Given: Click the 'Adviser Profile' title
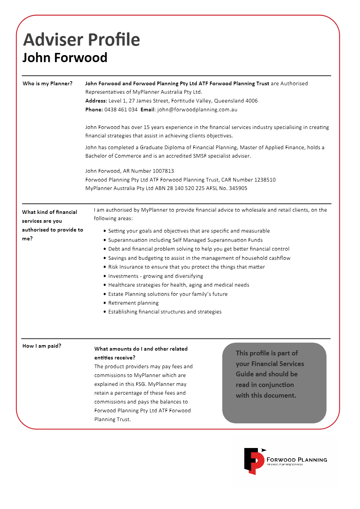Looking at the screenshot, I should pos(82,40).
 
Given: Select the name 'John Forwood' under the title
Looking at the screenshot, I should pos(65,58).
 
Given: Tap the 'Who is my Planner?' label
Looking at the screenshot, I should pos(47,83).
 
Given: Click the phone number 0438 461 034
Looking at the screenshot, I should pos(121,110).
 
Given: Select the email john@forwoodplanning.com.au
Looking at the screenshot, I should pos(197,110).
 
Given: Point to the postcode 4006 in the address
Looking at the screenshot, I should pos(252,101).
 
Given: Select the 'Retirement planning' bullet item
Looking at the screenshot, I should pos(133,303).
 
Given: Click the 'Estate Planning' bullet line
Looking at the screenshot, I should pos(168,294).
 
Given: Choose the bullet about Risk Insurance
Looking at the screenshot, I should pos(186,267).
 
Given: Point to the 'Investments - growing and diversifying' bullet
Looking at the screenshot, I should pos(155,276).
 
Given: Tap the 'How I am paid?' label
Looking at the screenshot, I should pos(42,346).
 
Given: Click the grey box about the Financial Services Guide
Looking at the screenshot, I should pos(274,383).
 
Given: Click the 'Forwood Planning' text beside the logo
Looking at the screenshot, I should pos(297,460).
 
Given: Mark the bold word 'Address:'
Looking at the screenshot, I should pos(96,101).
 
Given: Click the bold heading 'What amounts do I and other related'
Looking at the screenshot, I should pos(141,349).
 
